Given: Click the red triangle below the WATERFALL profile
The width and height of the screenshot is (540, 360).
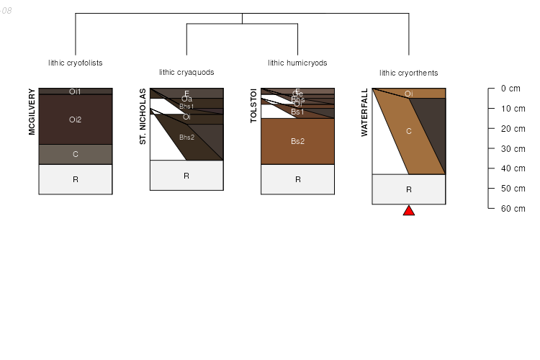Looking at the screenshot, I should tap(409, 210).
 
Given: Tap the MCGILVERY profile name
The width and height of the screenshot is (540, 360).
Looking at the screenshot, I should tap(32, 112).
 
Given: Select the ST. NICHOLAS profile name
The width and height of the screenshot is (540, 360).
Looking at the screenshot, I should tap(143, 117).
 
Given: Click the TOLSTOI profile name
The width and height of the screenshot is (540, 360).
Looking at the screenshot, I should tap(254, 106).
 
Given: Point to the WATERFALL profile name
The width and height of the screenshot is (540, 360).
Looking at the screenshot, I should tap(365, 112).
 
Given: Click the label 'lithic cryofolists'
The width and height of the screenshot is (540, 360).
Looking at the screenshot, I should tap(75, 63).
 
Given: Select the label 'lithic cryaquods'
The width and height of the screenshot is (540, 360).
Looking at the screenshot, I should tap(186, 72).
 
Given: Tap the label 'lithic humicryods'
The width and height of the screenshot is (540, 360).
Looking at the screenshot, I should tap(297, 63).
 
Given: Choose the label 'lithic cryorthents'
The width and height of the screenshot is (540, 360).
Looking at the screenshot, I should tap(408, 73).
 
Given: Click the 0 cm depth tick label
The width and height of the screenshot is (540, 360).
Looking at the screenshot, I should tap(510, 89).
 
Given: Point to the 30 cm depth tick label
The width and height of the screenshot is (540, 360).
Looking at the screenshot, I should tap(510, 148).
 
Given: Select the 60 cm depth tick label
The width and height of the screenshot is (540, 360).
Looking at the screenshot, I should tap(510, 208).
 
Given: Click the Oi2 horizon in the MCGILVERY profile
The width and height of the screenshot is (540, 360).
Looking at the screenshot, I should tap(75, 120).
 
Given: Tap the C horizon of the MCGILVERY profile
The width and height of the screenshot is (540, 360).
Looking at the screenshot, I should tap(75, 154).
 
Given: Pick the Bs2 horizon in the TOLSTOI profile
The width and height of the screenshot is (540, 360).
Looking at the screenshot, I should tap(297, 141).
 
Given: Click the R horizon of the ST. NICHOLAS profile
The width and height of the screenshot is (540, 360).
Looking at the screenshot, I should tap(186, 176).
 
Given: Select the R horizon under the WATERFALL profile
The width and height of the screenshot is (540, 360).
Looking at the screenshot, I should tap(408, 189).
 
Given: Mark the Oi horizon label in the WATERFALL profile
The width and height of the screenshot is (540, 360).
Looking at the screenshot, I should tap(408, 94).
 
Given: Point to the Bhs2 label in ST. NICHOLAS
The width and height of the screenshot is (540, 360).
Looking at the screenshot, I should tap(186, 137).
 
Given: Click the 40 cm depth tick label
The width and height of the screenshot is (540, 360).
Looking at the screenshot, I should tap(510, 168).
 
